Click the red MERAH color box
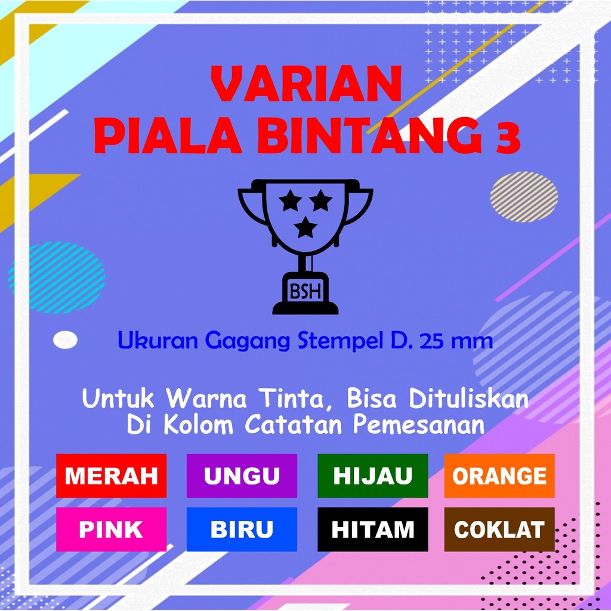coord(112,476)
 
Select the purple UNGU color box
coord(242,476)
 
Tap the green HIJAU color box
coord(372,476)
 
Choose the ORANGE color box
coord(499,476)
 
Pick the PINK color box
coord(112,529)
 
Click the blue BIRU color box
coord(242,529)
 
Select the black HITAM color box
coord(372,529)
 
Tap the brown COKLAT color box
coord(499,529)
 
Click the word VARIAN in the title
coord(306,84)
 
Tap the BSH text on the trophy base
coord(305,291)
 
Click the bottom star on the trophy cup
coord(305,227)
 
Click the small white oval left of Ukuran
coord(65,340)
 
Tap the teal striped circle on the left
coord(57,277)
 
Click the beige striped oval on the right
coord(524,197)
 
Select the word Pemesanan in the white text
coord(419,424)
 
